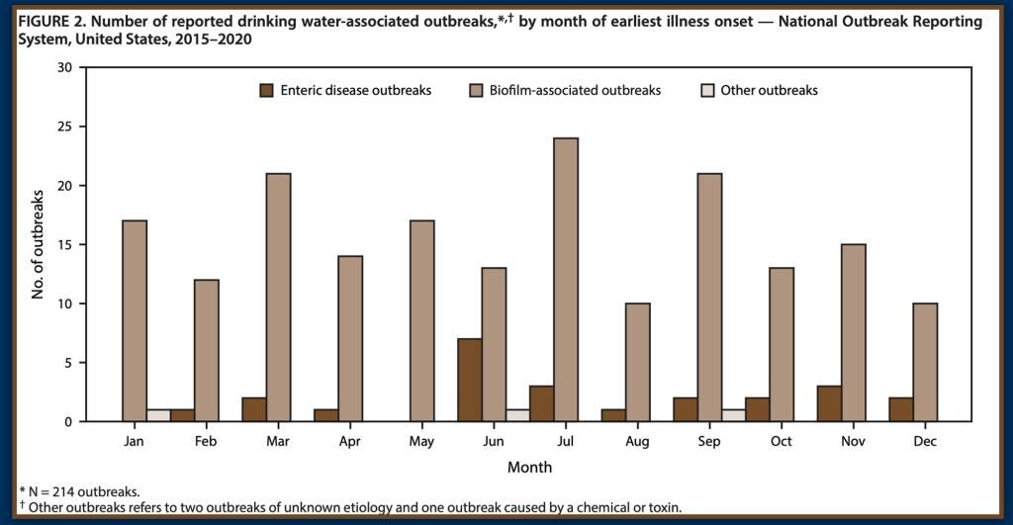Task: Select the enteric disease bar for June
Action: [470, 380]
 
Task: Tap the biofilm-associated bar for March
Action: [278, 298]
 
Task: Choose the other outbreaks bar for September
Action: [733, 415]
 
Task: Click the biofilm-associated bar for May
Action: [421, 321]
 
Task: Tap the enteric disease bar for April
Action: [326, 415]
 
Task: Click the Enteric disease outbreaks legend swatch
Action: [266, 90]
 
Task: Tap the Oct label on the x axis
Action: [781, 441]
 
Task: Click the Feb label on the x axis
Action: [206, 441]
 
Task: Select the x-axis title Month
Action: [530, 466]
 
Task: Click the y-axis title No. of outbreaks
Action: [37, 244]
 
